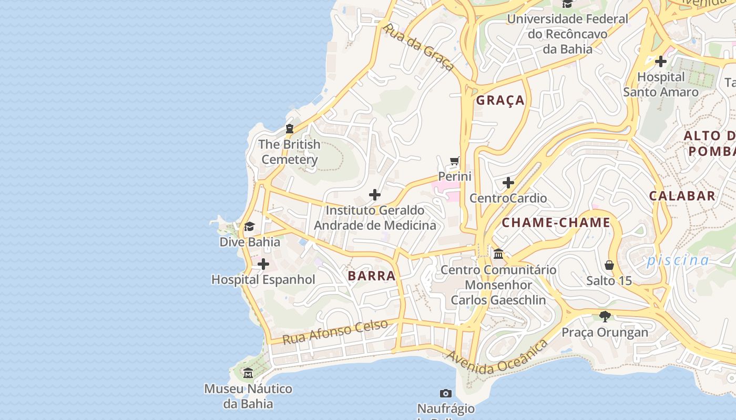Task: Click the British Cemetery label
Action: (x=289, y=152)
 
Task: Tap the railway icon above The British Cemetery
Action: (x=289, y=128)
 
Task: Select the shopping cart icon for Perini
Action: (x=455, y=161)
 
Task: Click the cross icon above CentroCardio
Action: (x=508, y=183)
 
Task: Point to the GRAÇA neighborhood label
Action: (x=500, y=100)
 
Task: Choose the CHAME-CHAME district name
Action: (x=556, y=223)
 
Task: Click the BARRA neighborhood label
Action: (x=371, y=276)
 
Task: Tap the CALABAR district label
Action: (x=682, y=196)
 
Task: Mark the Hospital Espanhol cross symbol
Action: (x=263, y=264)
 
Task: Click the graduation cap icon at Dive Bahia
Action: (x=249, y=226)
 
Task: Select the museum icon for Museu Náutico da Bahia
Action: (x=248, y=373)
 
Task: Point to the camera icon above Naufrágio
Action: (x=445, y=393)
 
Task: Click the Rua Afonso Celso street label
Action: (x=335, y=332)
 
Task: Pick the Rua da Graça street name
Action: (x=419, y=47)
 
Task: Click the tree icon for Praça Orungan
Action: (x=605, y=316)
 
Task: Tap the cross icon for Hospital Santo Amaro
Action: (x=660, y=61)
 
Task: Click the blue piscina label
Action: (x=678, y=260)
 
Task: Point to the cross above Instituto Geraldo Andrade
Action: (x=374, y=195)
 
